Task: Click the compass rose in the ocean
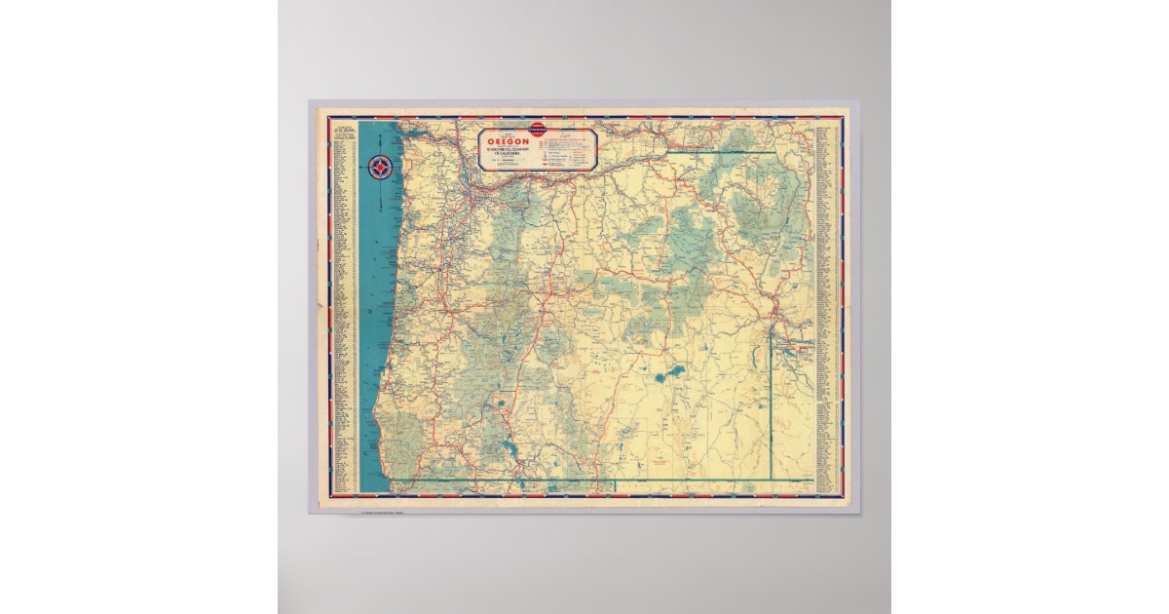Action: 382,167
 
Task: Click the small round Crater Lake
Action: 501,401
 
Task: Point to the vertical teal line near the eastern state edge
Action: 773,390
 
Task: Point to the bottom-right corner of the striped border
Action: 844,497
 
